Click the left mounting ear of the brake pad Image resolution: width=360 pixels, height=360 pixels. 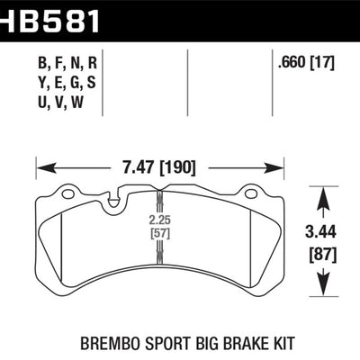click(67, 192)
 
